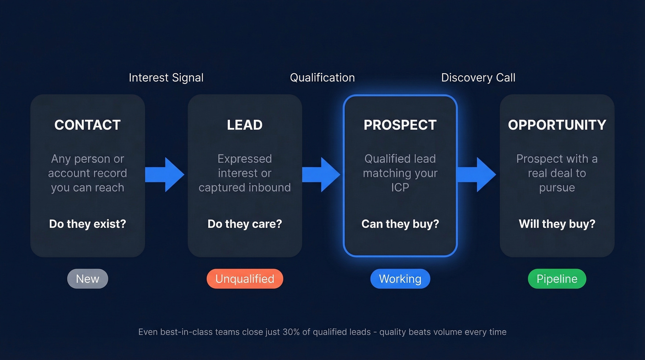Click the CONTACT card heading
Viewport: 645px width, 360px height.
pos(88,125)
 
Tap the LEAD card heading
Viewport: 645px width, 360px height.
pos(245,125)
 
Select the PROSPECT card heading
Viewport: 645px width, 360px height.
pos(400,125)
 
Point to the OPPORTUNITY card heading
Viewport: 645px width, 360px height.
pos(557,125)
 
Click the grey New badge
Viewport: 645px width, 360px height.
pos(88,279)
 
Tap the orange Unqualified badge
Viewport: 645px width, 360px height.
pos(245,279)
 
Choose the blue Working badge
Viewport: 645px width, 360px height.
pos(400,279)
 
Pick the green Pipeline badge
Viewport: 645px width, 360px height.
pos(557,279)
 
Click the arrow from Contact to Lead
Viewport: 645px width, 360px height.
pos(165,175)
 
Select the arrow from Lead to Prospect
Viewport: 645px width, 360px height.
pos(322,175)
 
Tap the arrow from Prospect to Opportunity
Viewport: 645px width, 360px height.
pos(477,175)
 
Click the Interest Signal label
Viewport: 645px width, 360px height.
pos(166,77)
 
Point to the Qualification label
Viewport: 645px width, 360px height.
pos(322,77)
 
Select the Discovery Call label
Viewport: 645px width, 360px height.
pos(478,77)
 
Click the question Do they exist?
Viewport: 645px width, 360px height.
pos(88,224)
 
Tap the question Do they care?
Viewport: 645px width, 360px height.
pos(245,224)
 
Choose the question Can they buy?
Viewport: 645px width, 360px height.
pos(400,224)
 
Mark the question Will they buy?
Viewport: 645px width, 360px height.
pos(557,224)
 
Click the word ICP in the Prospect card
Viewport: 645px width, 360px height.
pos(400,188)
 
